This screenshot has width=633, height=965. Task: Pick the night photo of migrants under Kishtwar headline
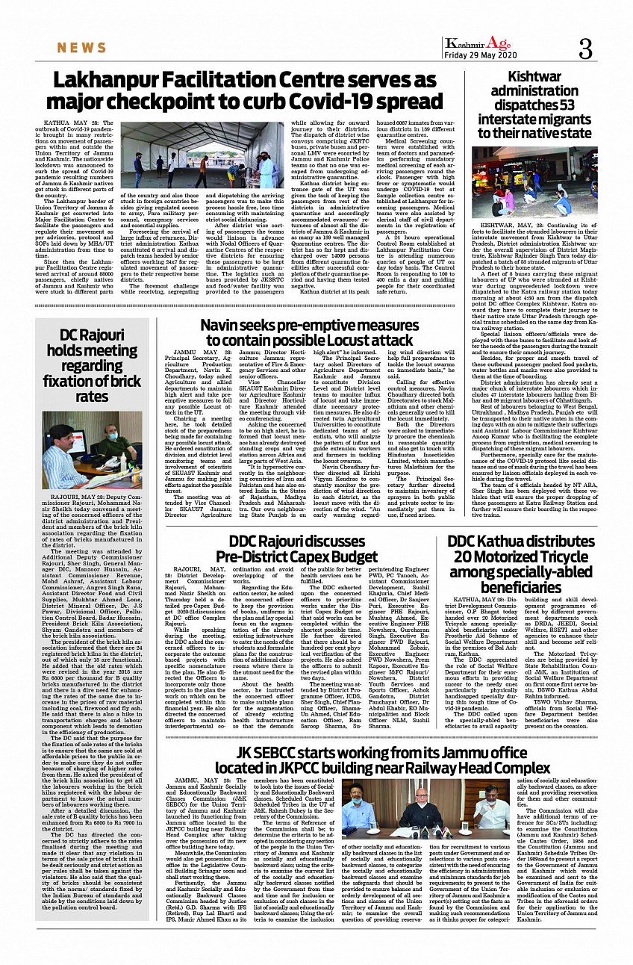[x=534, y=182]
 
